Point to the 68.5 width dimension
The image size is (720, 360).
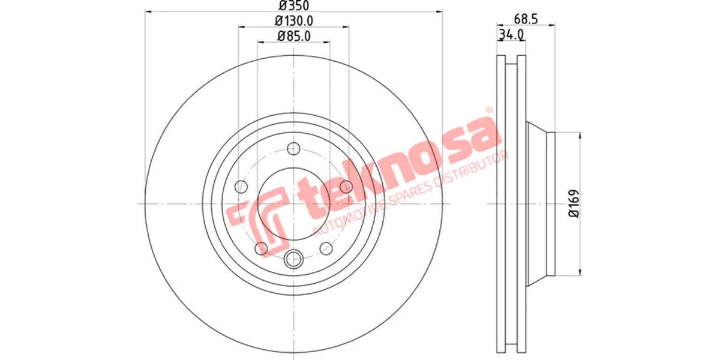(525, 19)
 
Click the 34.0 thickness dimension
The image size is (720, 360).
(511, 35)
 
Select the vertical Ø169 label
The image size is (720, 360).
(573, 204)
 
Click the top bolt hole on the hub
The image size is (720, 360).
(293, 149)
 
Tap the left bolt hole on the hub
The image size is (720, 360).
(241, 187)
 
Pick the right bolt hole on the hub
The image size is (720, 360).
(346, 187)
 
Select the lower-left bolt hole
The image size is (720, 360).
(261, 248)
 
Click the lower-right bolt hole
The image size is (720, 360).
(326, 248)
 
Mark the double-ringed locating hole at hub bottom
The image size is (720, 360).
(293, 259)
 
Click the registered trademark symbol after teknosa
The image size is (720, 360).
(489, 110)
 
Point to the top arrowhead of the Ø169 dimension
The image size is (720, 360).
(580, 136)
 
